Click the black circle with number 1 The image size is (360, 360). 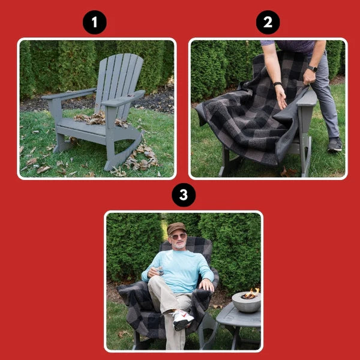click(94, 23)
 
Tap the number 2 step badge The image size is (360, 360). click(268, 23)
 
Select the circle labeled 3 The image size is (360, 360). click(183, 195)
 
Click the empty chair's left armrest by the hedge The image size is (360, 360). click(69, 94)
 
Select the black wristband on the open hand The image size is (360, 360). click(277, 84)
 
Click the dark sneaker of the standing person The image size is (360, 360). click(334, 145)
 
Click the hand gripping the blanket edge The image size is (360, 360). click(310, 77)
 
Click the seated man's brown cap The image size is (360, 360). click(176, 227)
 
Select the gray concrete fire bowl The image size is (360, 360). click(246, 302)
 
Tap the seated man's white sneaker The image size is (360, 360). click(183, 320)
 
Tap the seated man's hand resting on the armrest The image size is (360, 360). click(206, 284)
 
